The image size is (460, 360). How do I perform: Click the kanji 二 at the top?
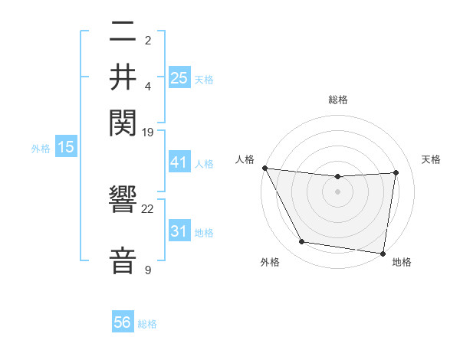click(123, 34)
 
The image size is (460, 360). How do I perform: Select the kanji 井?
click(123, 77)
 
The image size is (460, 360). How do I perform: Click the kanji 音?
click(123, 258)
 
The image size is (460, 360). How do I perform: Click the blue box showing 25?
click(179, 77)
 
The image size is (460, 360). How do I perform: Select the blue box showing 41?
click(179, 163)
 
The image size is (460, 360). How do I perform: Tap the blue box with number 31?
click(179, 231)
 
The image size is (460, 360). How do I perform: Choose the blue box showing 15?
click(66, 148)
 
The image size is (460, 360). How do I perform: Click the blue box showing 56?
click(123, 322)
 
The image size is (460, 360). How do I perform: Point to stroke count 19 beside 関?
click(148, 132)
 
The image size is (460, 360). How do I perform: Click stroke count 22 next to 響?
click(148, 208)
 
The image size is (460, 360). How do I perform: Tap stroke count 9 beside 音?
click(148, 270)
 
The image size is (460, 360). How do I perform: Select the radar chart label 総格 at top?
click(338, 100)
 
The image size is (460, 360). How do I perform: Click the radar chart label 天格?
click(432, 159)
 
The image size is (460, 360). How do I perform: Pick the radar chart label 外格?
click(270, 262)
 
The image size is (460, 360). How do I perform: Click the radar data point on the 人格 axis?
click(265, 168)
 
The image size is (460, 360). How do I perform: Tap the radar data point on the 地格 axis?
click(383, 253)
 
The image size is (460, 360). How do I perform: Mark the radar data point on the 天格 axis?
click(396, 172)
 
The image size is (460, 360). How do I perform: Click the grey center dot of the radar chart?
click(338, 191)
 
